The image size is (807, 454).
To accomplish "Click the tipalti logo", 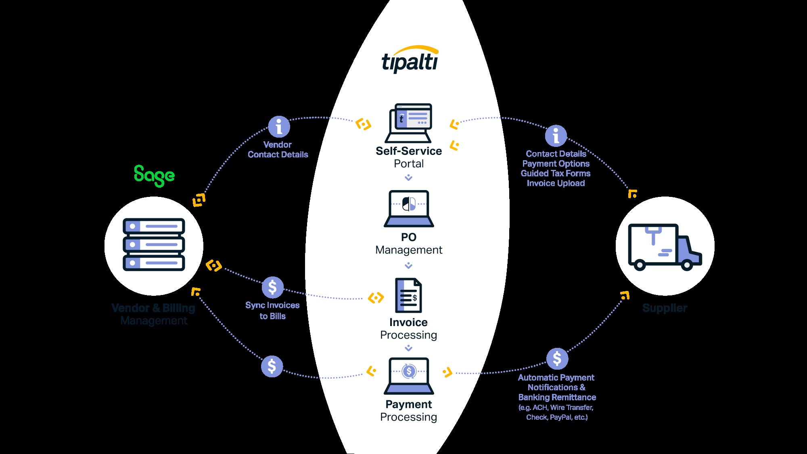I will [410, 60].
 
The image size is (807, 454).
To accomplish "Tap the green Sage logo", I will [154, 176].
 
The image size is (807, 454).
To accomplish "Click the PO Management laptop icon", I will [409, 208].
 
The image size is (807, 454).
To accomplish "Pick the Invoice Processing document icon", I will [408, 295].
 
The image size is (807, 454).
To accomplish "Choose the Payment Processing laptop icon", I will [409, 376].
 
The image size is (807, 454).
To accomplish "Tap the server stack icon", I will [154, 245].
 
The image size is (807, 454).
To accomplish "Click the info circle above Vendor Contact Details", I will [279, 127].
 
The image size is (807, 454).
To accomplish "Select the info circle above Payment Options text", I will [556, 136].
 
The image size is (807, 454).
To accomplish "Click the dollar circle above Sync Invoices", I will [273, 287].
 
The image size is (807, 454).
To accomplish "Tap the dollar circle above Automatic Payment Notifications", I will [557, 358].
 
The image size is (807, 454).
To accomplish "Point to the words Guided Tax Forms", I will [556, 174].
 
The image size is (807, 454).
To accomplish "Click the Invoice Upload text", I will [556, 183].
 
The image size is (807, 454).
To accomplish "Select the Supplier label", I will [665, 308].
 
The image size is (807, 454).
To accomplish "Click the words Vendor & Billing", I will [153, 308].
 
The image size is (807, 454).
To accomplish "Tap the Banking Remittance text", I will [557, 398].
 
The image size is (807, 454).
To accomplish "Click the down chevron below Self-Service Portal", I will [409, 178].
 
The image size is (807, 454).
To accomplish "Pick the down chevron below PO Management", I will [409, 266].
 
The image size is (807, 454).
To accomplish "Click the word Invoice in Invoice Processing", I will [408, 322].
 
